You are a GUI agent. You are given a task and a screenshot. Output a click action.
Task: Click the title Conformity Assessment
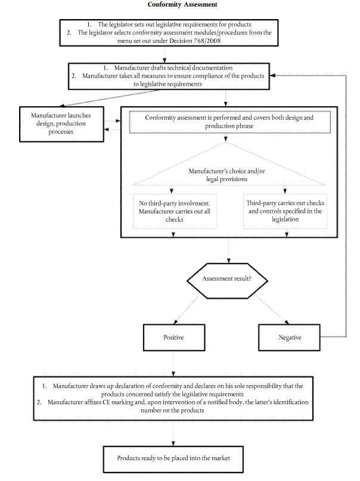[x=182, y=4]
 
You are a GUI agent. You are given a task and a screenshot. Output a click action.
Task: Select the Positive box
[x=174, y=337]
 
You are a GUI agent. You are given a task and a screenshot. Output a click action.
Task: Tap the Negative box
[x=289, y=337]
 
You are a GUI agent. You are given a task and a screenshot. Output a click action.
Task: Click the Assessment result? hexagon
[x=227, y=280]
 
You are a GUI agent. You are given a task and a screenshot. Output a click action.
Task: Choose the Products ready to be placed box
[x=173, y=459]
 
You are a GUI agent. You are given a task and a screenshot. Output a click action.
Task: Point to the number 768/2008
[x=207, y=41]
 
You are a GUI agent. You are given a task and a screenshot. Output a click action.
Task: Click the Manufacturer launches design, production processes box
[x=61, y=124]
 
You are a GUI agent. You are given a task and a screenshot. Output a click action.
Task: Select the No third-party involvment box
[x=175, y=211]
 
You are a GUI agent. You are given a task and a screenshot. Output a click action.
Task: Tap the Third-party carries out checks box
[x=285, y=211]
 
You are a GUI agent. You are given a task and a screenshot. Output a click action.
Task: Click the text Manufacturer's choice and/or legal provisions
[x=227, y=175]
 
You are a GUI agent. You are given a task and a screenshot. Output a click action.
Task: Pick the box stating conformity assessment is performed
[x=229, y=122]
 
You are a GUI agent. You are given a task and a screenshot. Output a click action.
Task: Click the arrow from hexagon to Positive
[x=187, y=309]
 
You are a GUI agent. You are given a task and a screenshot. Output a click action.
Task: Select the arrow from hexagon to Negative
[x=271, y=309]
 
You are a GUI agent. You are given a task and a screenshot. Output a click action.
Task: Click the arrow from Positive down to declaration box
[x=173, y=364]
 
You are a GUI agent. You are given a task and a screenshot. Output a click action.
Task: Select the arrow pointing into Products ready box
[x=173, y=433]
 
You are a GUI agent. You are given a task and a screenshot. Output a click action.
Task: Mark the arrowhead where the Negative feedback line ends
[x=272, y=76]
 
